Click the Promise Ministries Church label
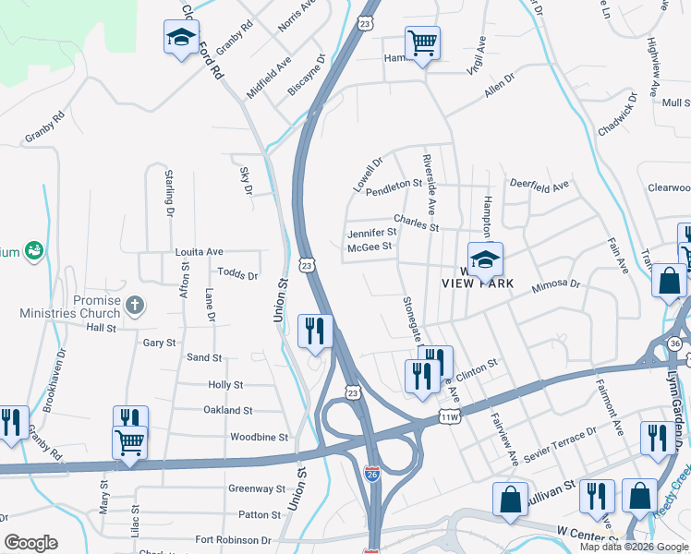coord(75,307)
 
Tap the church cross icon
coord(135,304)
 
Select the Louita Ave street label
coord(200,251)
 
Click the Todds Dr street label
coord(237,274)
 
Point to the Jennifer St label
coord(371,234)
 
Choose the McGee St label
coord(370,247)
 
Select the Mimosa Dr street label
coord(554,289)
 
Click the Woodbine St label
coord(259,437)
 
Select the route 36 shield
coord(676,343)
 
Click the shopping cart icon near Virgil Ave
coord(422,42)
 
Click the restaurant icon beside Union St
coord(315,331)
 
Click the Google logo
coord(30,543)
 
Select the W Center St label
coord(588,533)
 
